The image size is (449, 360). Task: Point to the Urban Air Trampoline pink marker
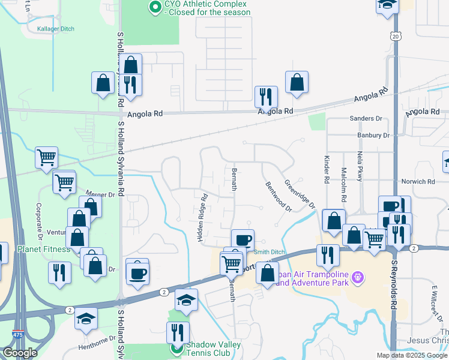[358, 277]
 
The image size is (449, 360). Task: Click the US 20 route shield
[395, 37]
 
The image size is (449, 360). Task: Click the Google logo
[20, 353]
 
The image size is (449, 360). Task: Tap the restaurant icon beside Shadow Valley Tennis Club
[178, 332]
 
